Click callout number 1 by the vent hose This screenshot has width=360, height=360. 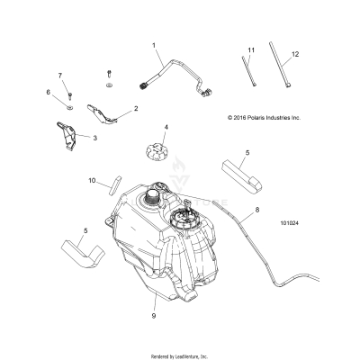pos(154,45)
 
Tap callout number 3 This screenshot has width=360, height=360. pos(94,138)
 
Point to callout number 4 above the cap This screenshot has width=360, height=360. pos(166,128)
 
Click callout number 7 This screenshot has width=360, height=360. pos(61,75)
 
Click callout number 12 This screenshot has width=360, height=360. pos(294,55)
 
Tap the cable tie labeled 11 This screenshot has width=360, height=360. pos(248,73)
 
